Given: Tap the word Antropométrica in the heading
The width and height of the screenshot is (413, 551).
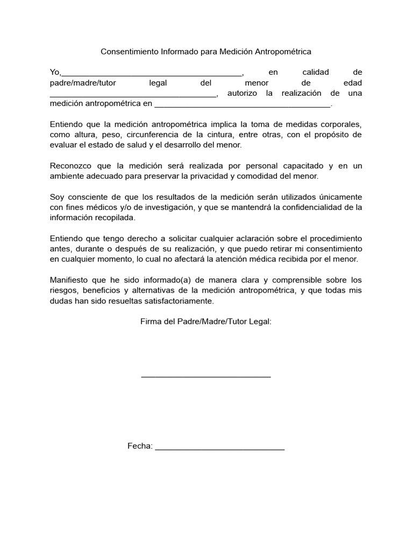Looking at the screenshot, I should tap(284, 52).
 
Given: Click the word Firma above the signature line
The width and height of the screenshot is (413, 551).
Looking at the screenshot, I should tap(151, 321).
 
